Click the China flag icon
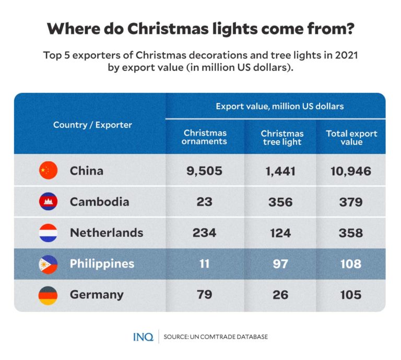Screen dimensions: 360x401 tap(48, 171)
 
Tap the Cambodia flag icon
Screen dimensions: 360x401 tap(48, 201)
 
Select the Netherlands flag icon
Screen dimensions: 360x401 tap(48, 233)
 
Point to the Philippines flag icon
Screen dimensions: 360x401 tap(48, 264)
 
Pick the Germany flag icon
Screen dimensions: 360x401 tap(48, 295)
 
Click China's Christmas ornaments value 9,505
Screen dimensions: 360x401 tap(204, 171)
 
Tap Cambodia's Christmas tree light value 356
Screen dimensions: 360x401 tap(280, 202)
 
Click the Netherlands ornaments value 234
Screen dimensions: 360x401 tap(204, 233)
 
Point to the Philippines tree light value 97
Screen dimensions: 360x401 tap(280, 264)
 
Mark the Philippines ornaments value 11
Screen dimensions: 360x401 tap(204, 264)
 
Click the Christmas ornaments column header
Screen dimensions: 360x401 tap(204, 137)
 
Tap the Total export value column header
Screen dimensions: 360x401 tap(351, 137)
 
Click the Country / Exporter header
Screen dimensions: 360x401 tap(92, 125)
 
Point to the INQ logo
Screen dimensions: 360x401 tap(143, 337)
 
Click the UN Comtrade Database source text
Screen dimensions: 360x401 tap(215, 337)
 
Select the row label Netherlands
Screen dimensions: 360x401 tap(107, 233)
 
